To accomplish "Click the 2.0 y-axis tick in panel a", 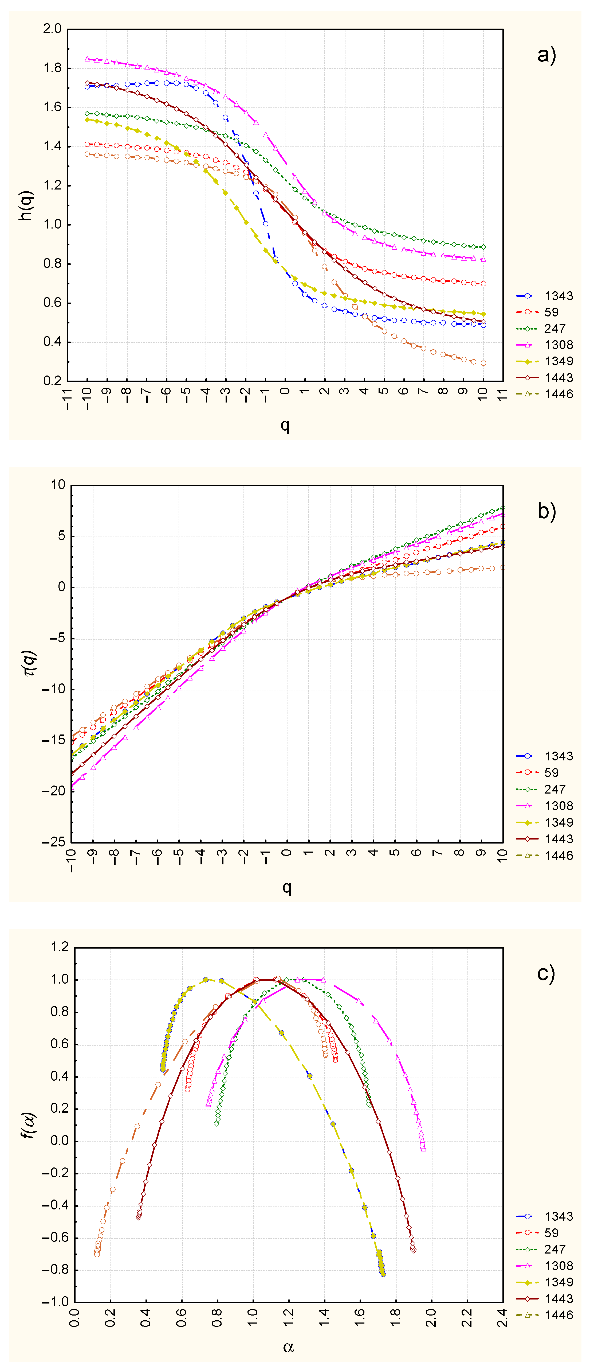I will pos(52,29).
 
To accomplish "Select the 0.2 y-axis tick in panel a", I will pos(52,381).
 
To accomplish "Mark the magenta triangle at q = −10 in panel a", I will pos(87,59).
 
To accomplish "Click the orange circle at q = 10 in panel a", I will pos(483,363).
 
